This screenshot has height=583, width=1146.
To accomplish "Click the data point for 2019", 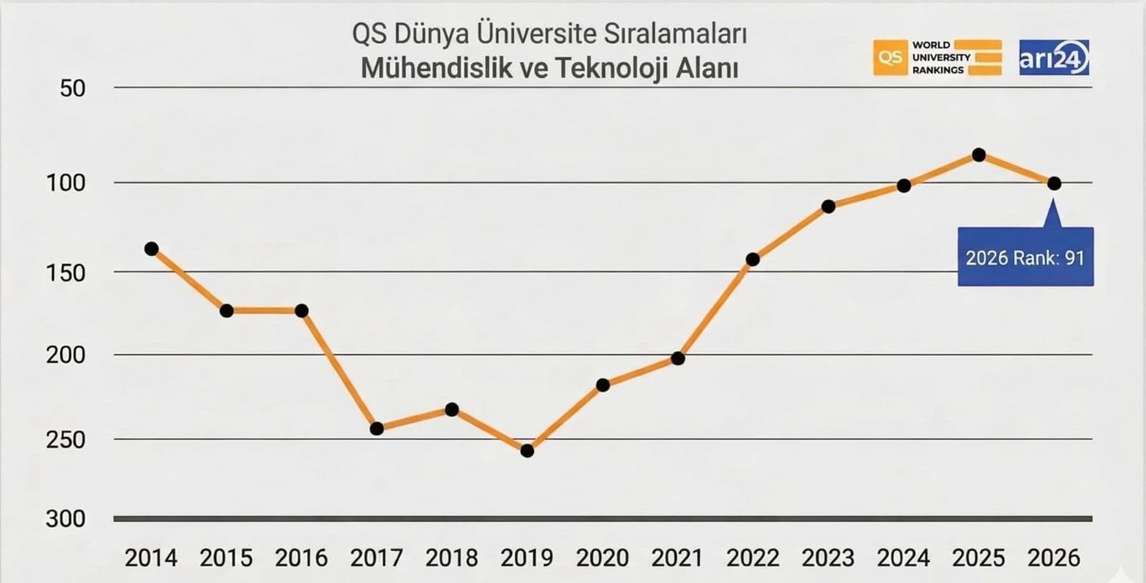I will click(527, 450).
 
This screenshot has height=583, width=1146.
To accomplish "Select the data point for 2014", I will click(151, 249).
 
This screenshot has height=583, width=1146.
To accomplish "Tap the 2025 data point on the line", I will click(978, 155).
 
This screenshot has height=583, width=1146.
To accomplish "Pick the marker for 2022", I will click(753, 259).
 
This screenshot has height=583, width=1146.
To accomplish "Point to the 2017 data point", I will click(377, 428).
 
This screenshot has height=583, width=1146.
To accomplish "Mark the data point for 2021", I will click(678, 358).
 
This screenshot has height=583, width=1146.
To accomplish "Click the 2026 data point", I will click(1054, 183).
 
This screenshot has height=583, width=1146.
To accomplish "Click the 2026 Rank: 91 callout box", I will click(1025, 257).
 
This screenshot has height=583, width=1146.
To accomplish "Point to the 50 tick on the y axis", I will click(72, 88).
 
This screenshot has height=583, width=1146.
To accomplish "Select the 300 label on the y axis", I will click(65, 519).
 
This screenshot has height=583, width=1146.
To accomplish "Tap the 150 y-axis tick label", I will click(65, 272).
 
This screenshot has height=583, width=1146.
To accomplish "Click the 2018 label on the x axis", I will click(451, 558).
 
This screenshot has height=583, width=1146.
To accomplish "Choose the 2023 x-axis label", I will click(828, 558).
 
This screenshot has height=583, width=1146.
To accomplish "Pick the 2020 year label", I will click(602, 558).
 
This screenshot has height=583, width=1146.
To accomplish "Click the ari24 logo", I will click(1054, 58).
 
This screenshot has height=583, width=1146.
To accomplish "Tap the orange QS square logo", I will click(890, 58).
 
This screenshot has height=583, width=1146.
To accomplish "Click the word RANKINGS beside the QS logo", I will click(938, 70).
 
